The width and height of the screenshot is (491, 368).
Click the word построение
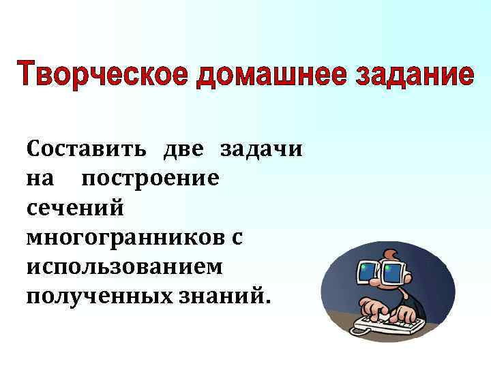pyautogui.click(x=150, y=179)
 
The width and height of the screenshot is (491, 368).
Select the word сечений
pyautogui.click(x=76, y=208)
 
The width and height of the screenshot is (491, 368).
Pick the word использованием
pyautogui.click(x=125, y=266)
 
